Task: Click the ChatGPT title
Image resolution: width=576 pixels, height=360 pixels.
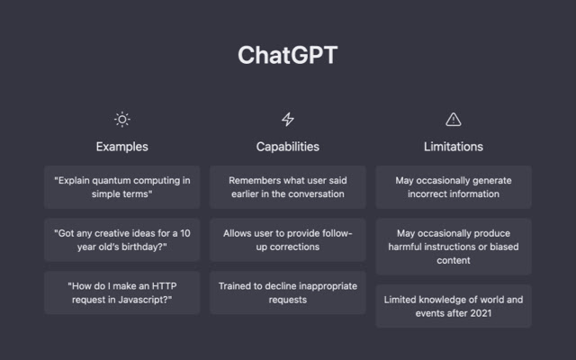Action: [x=288, y=55]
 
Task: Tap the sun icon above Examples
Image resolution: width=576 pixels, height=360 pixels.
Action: [x=122, y=119]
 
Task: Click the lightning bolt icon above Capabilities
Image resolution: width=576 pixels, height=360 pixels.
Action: [x=288, y=119]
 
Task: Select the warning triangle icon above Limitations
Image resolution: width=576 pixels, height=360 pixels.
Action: [x=454, y=119]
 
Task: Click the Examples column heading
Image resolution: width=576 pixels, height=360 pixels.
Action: [x=122, y=146]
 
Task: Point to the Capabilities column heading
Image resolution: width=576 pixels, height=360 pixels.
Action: [x=288, y=146]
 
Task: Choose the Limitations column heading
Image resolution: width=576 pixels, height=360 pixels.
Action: [x=454, y=146]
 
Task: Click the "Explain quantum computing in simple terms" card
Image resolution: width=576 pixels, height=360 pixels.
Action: [x=122, y=187]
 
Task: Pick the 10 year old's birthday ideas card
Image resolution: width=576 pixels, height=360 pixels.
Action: [x=122, y=239]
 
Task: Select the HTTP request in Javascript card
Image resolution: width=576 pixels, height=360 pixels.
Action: [x=122, y=292]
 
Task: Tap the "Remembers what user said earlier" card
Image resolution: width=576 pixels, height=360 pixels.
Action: [x=288, y=187]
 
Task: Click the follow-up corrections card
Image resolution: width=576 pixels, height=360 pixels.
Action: [x=288, y=239]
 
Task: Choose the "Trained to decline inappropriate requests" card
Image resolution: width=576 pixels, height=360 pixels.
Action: [x=288, y=292]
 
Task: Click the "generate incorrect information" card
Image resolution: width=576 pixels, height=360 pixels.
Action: [x=454, y=187]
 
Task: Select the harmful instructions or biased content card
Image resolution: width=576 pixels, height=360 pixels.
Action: [x=454, y=247]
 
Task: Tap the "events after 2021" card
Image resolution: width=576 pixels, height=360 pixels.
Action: [x=454, y=306]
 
